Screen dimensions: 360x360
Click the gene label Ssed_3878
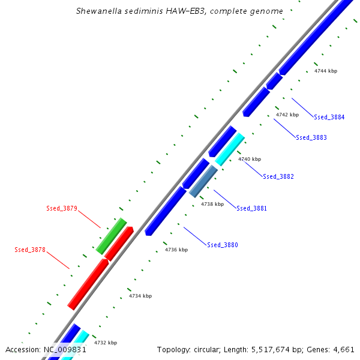[x=30, y=250]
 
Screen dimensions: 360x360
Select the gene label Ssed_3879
[x=62, y=209]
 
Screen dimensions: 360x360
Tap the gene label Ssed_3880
[x=223, y=245]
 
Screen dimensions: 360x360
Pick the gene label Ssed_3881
[x=252, y=208]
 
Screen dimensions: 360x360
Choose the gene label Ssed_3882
[x=278, y=176]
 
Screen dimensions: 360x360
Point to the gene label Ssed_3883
[x=311, y=137]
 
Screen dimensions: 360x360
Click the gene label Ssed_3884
[x=329, y=117]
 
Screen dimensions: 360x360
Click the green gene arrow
[x=111, y=235]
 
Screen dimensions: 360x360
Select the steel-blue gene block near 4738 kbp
[x=203, y=181]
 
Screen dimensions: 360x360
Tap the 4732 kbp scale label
[x=106, y=343]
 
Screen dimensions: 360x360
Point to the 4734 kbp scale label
[x=140, y=296]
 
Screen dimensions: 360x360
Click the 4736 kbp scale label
[x=176, y=250]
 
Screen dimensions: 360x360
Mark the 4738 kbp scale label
[x=212, y=204]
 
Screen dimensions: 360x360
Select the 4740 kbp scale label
[x=250, y=159]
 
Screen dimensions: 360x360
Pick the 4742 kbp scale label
[x=287, y=114]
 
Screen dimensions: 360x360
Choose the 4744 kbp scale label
[x=326, y=71]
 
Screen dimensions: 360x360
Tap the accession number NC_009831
[x=65, y=349]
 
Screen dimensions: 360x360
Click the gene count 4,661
[x=343, y=349]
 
